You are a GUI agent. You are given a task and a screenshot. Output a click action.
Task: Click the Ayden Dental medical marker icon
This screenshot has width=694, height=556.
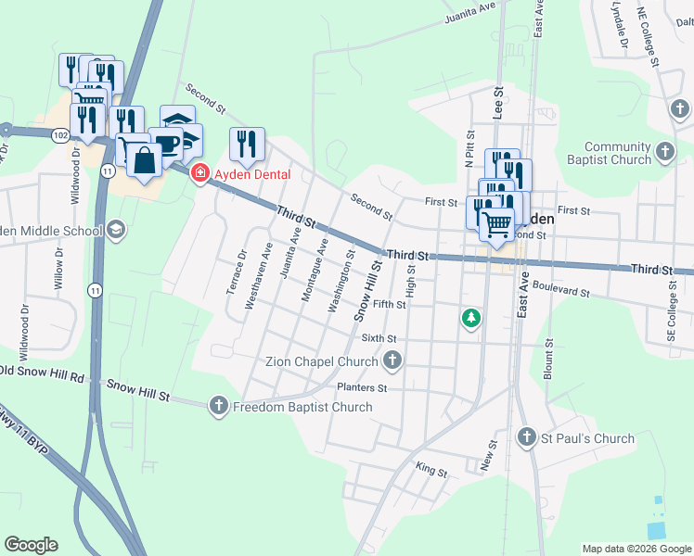[x=199, y=173]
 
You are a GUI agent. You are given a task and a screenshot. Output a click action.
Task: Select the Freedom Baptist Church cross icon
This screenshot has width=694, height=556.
[x=219, y=406]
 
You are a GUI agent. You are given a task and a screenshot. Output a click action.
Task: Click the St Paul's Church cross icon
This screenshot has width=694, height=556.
[x=527, y=437]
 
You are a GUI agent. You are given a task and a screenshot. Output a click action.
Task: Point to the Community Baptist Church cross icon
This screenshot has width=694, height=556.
[x=664, y=152]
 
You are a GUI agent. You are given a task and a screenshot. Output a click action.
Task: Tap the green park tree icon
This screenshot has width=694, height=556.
[x=472, y=319]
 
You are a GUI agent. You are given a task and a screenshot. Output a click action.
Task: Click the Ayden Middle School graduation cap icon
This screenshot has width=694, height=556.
[x=116, y=230]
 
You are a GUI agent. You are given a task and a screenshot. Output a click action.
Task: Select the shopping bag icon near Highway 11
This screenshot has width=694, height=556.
[x=146, y=160]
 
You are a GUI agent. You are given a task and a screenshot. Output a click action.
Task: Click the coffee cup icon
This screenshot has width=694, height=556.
[x=167, y=145]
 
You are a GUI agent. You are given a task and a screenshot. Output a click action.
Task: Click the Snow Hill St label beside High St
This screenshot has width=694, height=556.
[x=368, y=291]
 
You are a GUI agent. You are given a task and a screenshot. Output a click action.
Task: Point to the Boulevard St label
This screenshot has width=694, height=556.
[x=561, y=291]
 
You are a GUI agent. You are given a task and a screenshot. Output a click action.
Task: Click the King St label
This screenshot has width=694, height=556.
[x=431, y=472]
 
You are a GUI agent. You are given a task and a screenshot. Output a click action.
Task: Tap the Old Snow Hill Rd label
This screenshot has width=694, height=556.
[x=43, y=374]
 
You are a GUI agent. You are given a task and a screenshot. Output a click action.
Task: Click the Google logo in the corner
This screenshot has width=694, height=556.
[x=31, y=545]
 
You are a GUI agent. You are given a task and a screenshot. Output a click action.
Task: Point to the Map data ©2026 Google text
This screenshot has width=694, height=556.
[x=636, y=549]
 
